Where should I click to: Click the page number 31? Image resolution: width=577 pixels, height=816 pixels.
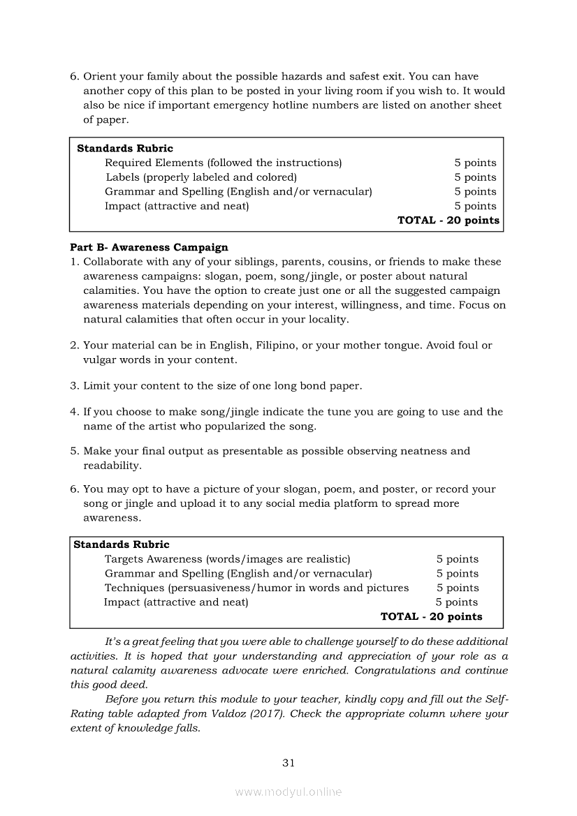point(288,763)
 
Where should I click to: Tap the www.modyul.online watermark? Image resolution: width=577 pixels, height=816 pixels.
point(288,792)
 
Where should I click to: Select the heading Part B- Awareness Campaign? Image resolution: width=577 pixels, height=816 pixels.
point(149,247)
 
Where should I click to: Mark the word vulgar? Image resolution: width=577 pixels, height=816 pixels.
point(102,360)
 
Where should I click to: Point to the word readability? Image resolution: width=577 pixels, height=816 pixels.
point(112,466)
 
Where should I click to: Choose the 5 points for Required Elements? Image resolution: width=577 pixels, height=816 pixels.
point(475,163)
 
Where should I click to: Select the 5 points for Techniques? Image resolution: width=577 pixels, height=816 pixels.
point(458,588)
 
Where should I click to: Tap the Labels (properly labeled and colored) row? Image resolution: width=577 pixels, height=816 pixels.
point(201,177)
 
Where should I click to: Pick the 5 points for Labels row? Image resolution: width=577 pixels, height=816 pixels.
point(475,177)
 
